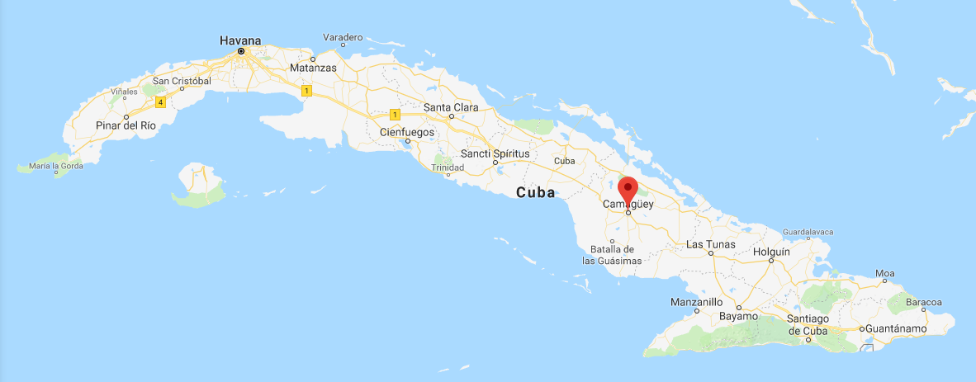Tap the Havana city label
coord(240,40)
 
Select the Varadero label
coord(343,38)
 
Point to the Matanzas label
coord(313,68)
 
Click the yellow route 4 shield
coord(159,102)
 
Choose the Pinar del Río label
coord(125,125)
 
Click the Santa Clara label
coord(451,107)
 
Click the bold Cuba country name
coord(536,193)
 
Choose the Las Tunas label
coord(710,245)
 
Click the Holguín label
coord(772,252)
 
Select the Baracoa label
coord(923,303)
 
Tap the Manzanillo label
coord(696,302)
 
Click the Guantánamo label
coord(895,329)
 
